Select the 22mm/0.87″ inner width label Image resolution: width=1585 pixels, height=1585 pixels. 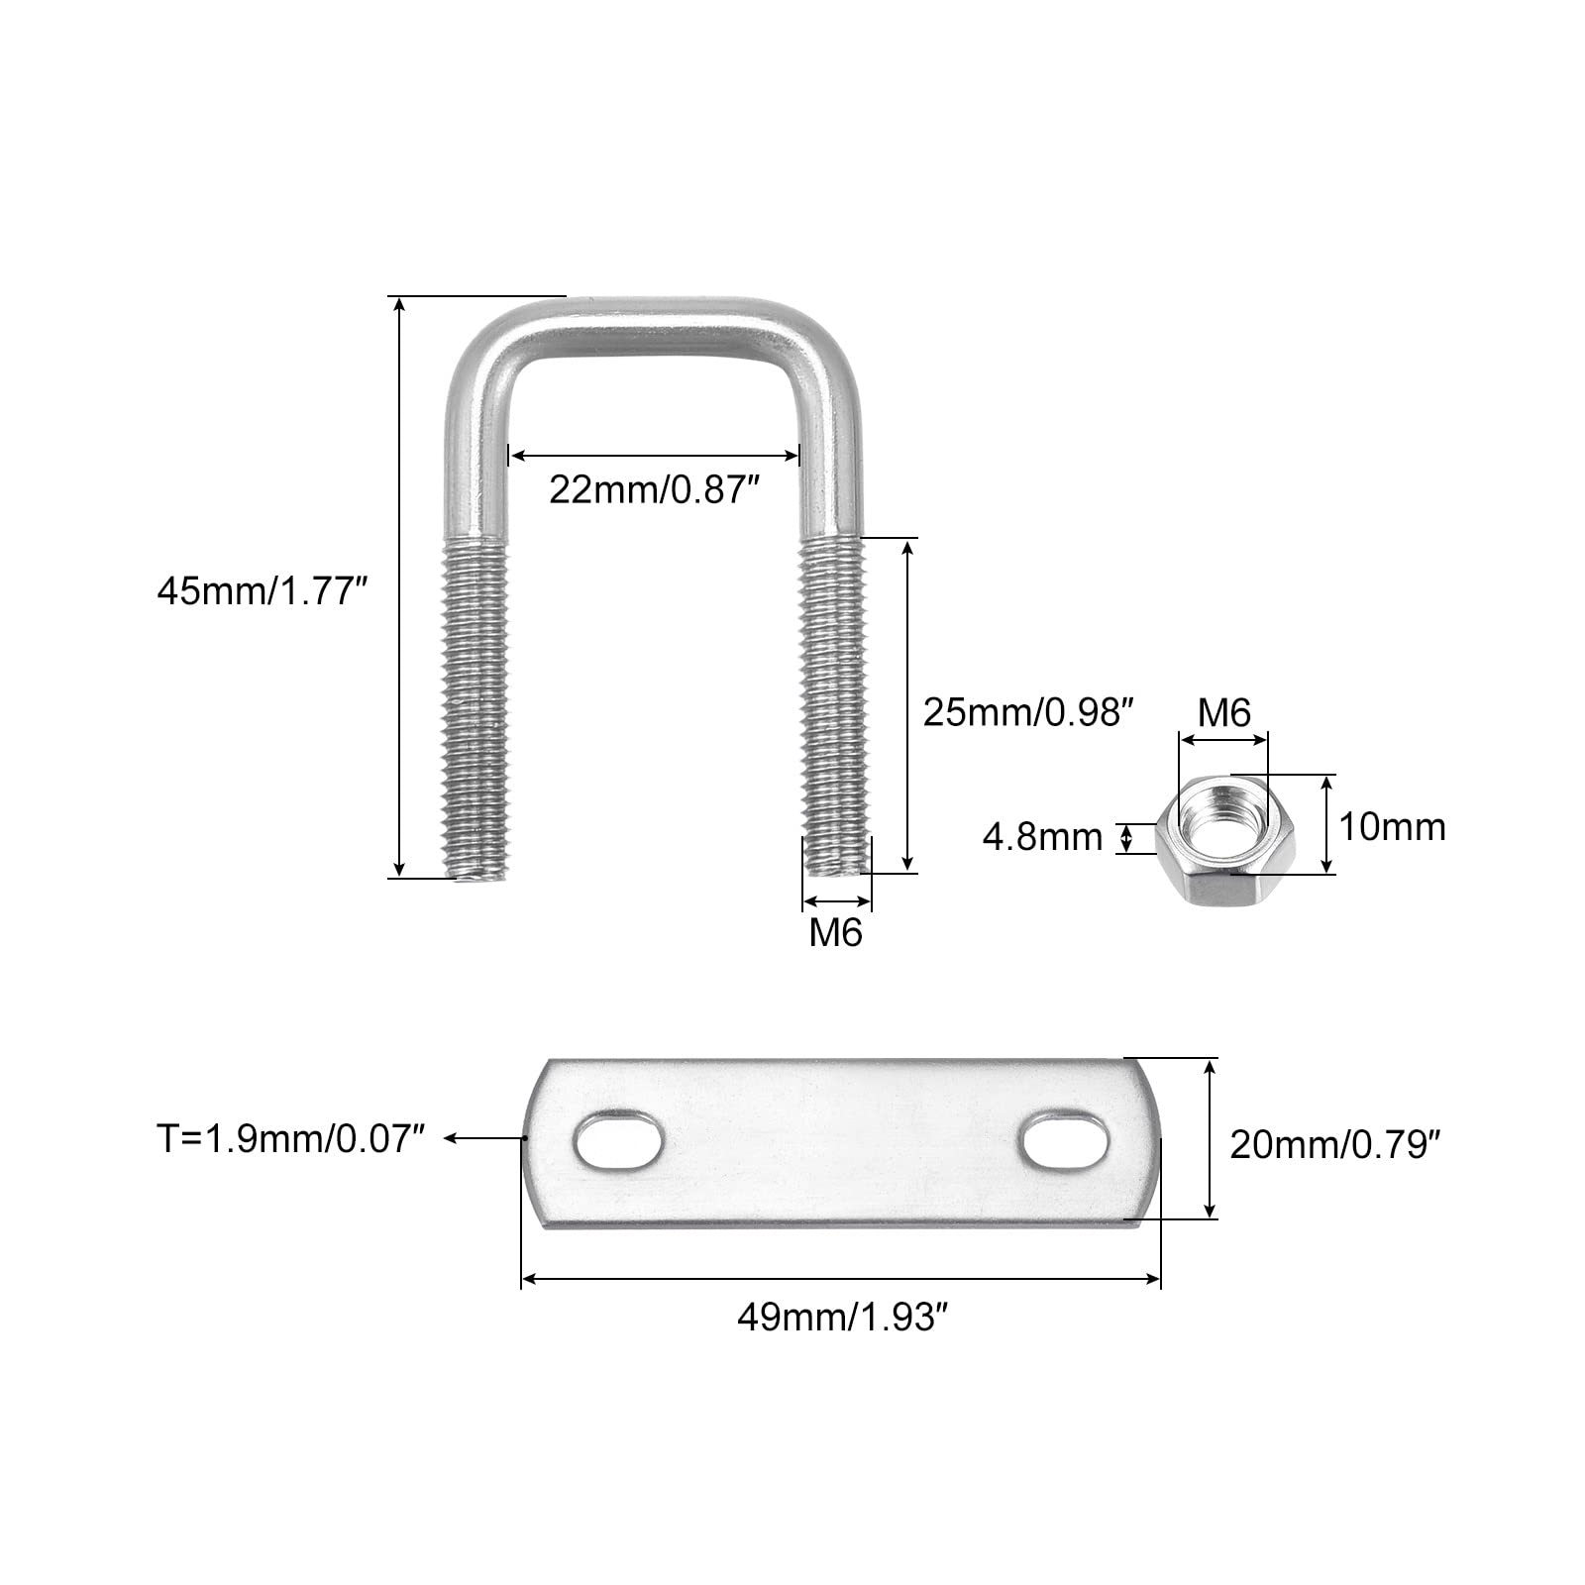pos(653,488)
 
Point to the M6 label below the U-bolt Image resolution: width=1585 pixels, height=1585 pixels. pos(836,932)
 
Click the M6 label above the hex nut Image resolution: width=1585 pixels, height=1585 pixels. pos(1224,712)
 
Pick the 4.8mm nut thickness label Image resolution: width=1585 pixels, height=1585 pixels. pos(1042,837)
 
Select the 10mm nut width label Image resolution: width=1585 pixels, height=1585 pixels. pos(1392,826)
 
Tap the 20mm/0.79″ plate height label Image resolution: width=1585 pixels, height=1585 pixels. pos(1333,1145)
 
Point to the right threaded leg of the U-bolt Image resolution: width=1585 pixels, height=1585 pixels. pos(835,705)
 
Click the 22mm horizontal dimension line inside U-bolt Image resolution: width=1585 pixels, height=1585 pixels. pos(654,456)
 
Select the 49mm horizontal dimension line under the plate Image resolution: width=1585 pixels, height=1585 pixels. pos(840,1280)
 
